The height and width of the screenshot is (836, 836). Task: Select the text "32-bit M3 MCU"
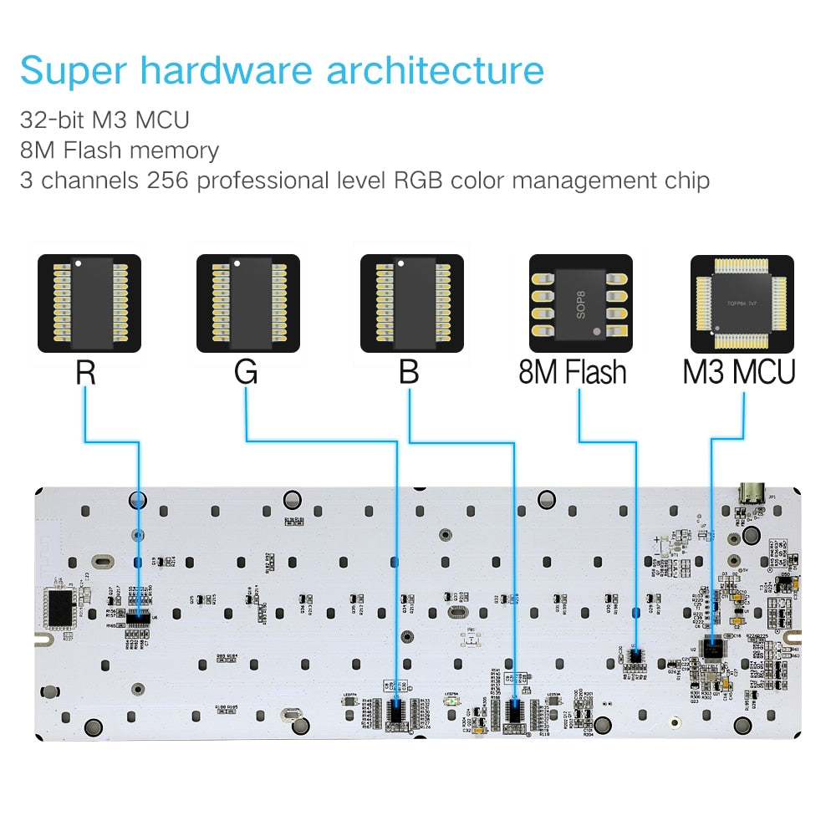(104, 120)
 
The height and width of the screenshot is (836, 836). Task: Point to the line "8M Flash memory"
(120, 150)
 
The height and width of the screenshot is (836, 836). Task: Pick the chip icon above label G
(247, 303)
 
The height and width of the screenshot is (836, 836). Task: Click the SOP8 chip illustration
(582, 303)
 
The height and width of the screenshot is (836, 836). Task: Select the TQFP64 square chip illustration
(743, 303)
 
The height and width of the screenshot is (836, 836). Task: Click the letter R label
(85, 372)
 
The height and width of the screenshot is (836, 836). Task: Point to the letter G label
(246, 372)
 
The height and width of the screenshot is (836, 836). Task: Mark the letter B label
(409, 372)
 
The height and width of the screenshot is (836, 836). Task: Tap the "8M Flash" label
(573, 372)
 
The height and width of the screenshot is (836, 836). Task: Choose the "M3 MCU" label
(739, 372)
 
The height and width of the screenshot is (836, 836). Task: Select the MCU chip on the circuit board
(713, 647)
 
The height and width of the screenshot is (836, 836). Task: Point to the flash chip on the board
(635, 655)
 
